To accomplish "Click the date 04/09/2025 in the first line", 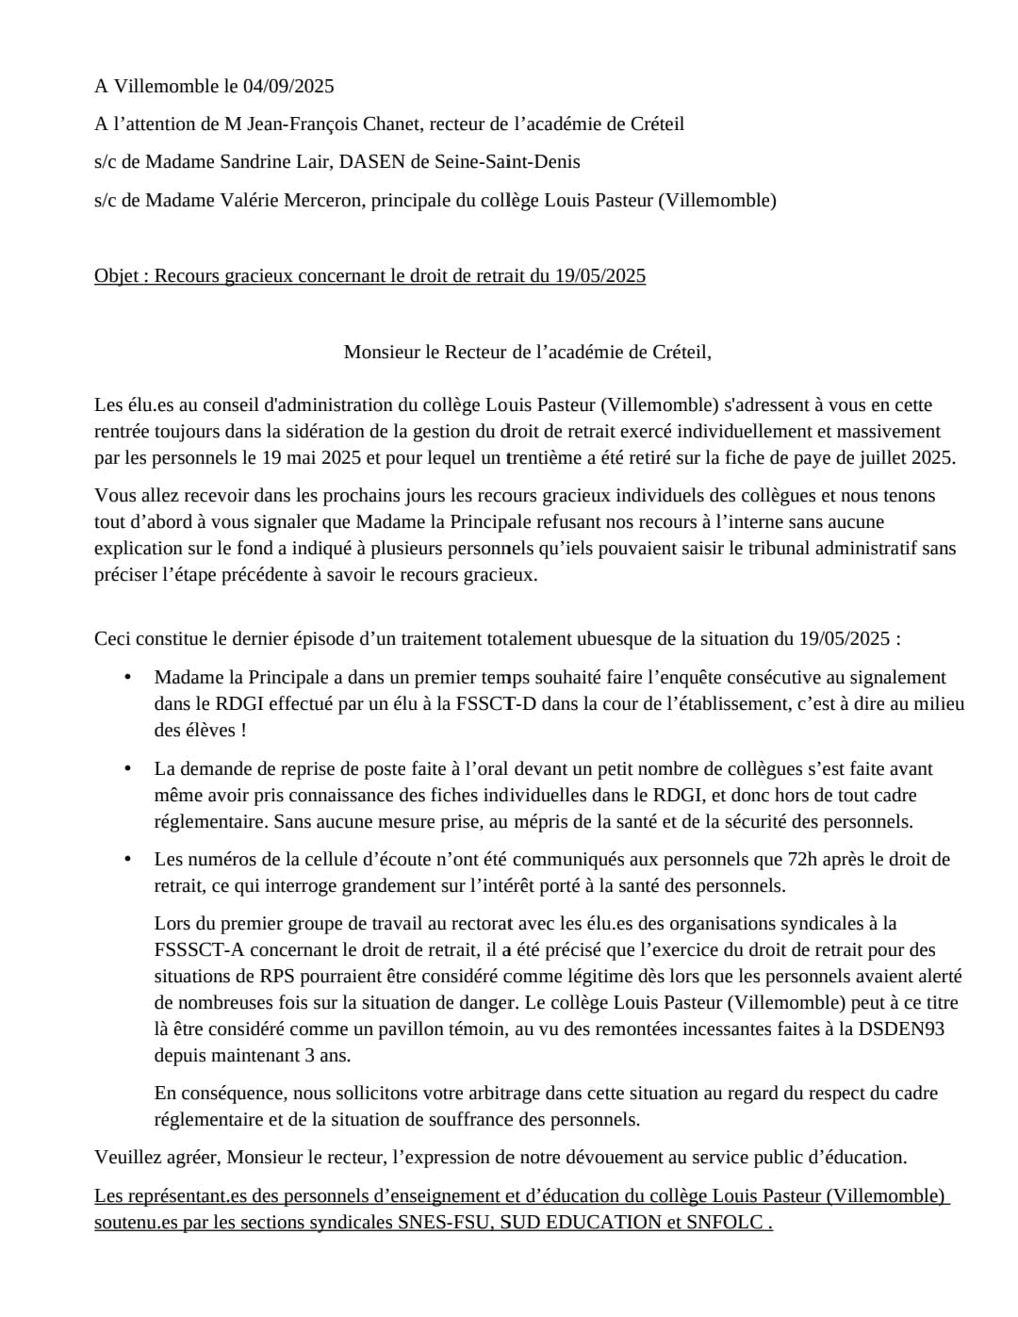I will pyautogui.click(x=288, y=87).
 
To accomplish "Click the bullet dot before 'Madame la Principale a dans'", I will pyautogui.click(x=126, y=678).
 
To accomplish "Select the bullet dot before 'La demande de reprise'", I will pyautogui.click(x=126, y=769).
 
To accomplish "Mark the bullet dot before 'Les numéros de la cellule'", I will pyautogui.click(x=126, y=860).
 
